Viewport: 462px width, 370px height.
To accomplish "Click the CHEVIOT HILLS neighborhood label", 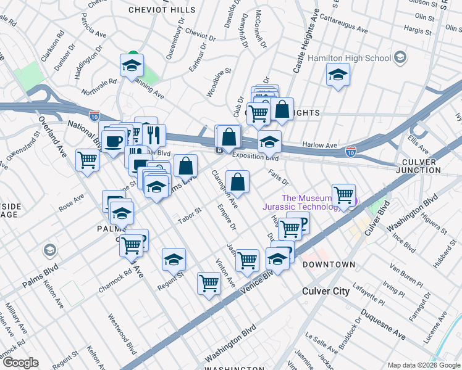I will click(162, 10).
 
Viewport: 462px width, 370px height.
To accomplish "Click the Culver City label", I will click(325, 291).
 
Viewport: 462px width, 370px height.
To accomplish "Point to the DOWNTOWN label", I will click(329, 265).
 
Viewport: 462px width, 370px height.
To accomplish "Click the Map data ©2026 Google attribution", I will click(423, 365).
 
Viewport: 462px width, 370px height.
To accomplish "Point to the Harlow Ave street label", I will click(320, 146).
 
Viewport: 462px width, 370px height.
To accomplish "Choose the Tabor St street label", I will click(190, 215).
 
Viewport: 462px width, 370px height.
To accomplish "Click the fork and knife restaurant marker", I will click(154, 134).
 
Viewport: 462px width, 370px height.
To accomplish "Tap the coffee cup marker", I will click(113, 141).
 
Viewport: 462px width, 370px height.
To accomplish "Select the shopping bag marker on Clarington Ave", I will click(237, 182).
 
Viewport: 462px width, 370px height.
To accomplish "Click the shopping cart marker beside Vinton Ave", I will click(209, 284).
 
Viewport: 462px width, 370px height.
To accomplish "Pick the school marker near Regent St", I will click(174, 259).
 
